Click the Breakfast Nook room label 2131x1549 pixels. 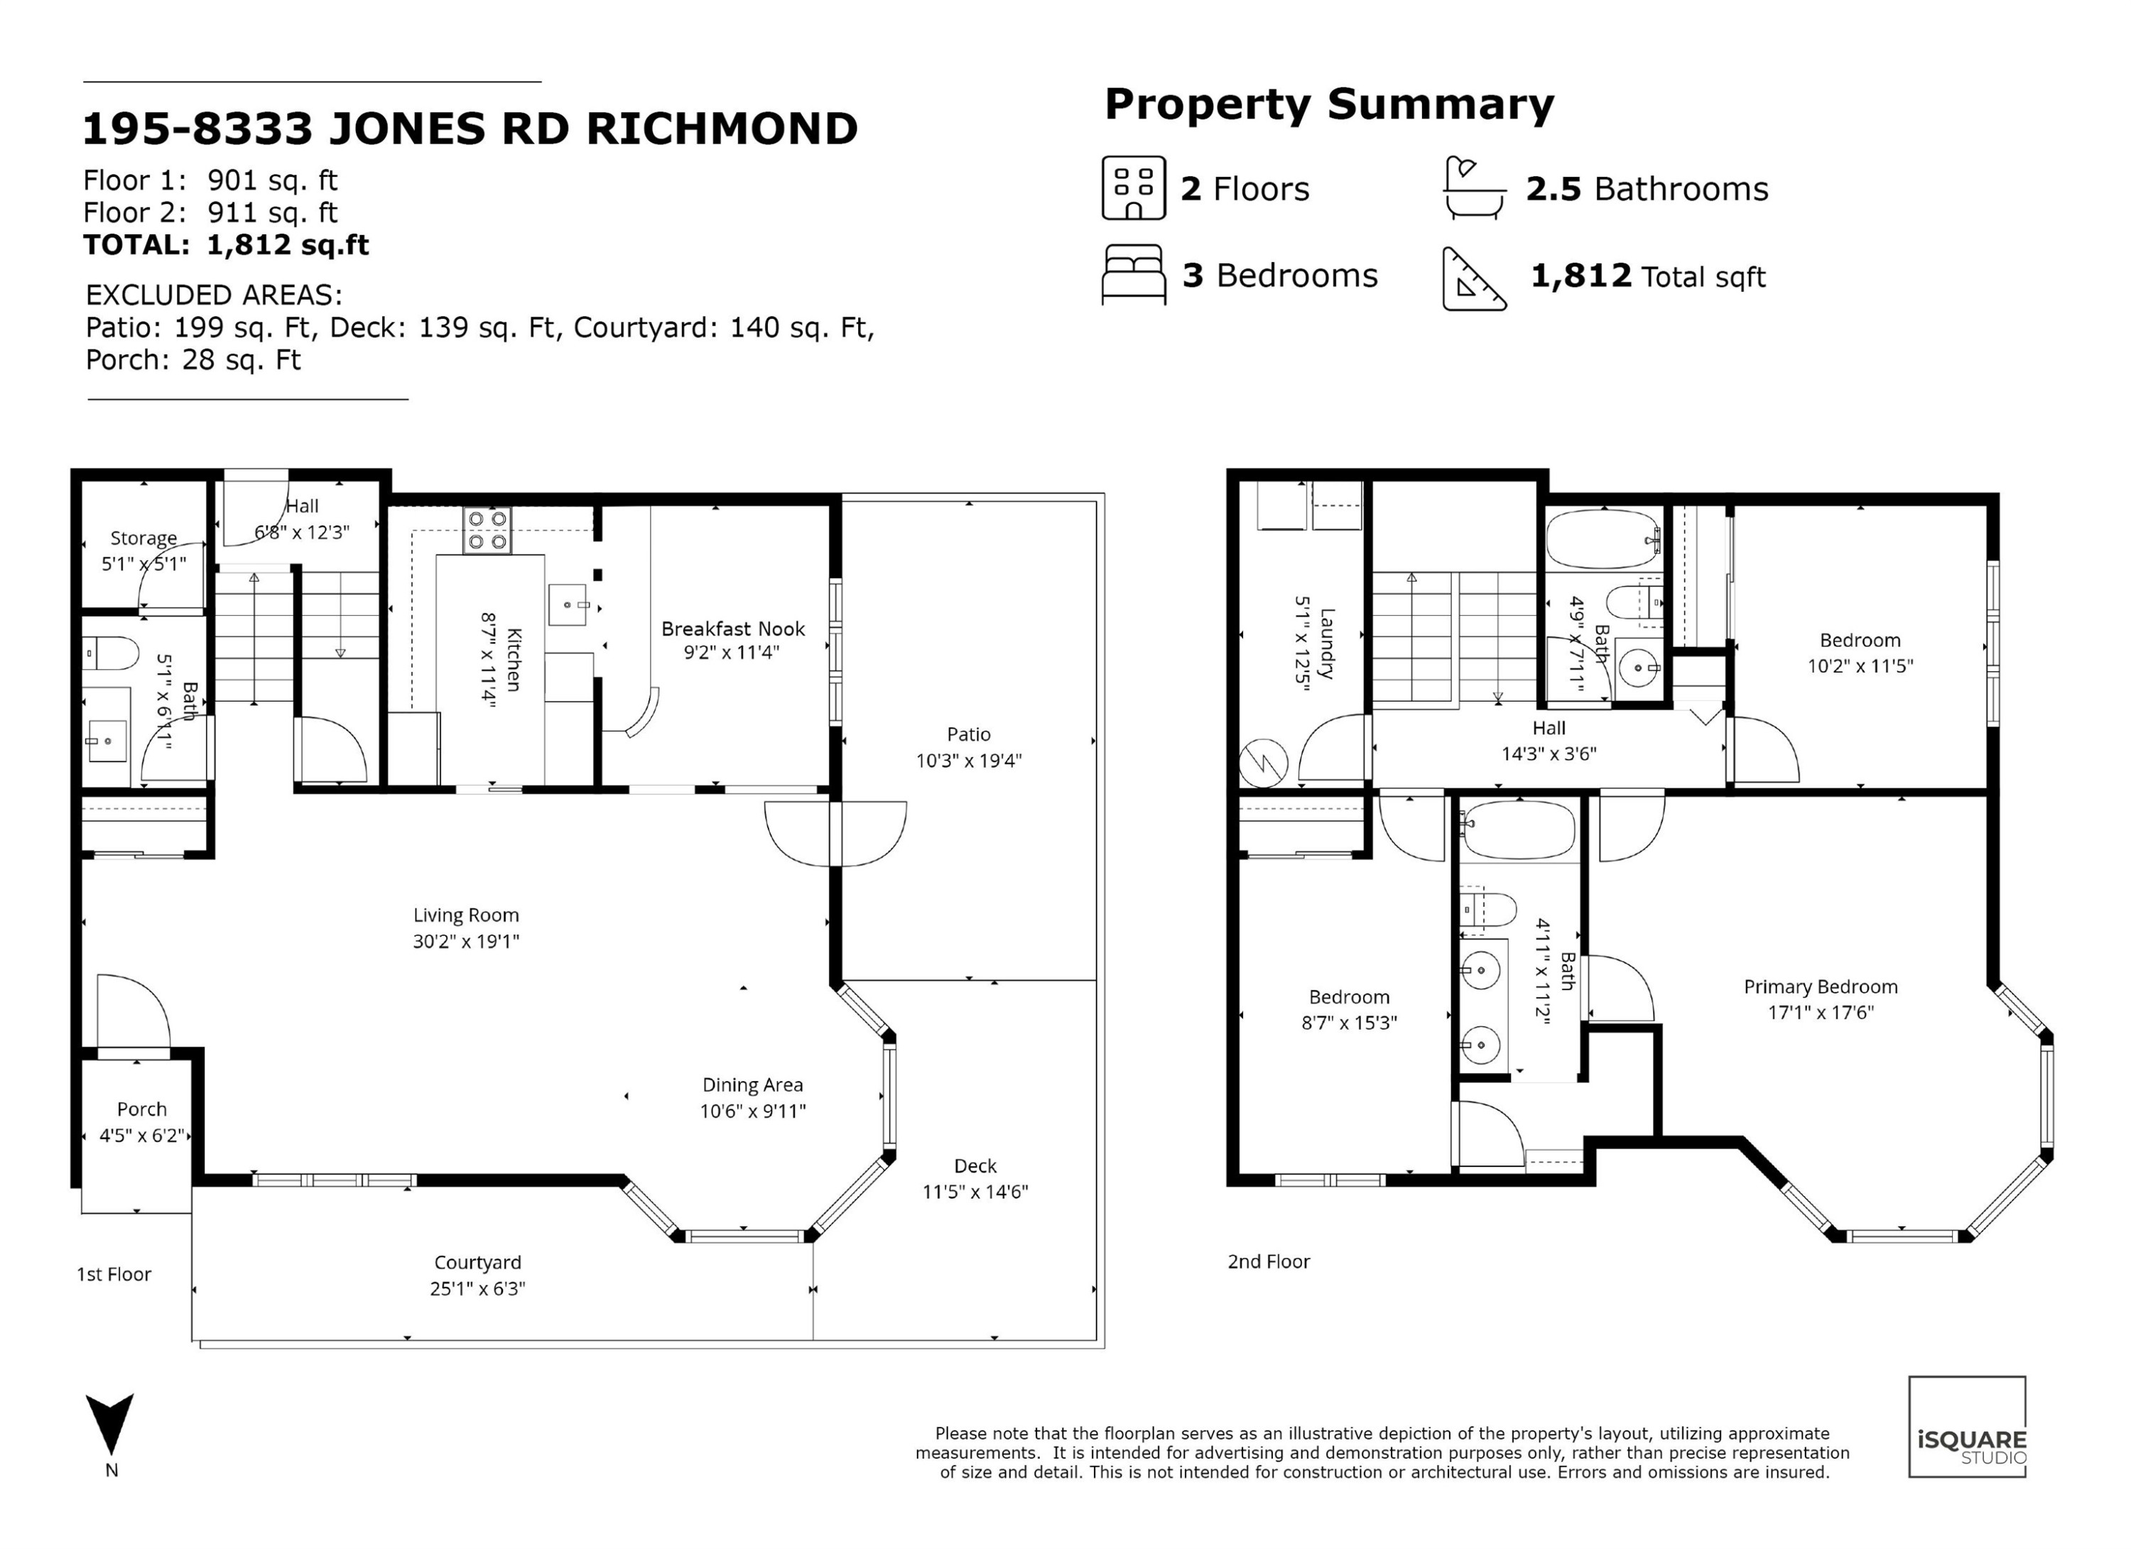[x=733, y=629]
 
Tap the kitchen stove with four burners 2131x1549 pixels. [x=487, y=531]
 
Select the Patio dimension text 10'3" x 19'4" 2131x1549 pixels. [x=969, y=760]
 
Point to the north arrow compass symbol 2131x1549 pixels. [x=110, y=1423]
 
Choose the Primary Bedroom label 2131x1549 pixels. [x=1820, y=987]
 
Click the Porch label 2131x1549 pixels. [x=142, y=1109]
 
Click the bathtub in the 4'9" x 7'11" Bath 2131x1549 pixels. [x=1604, y=539]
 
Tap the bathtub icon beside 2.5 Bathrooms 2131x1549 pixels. [x=1473, y=188]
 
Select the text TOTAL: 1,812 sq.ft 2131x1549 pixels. [x=225, y=245]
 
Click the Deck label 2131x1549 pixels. [x=975, y=1165]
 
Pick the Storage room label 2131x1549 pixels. [x=143, y=538]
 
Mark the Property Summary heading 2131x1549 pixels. [x=1328, y=104]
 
